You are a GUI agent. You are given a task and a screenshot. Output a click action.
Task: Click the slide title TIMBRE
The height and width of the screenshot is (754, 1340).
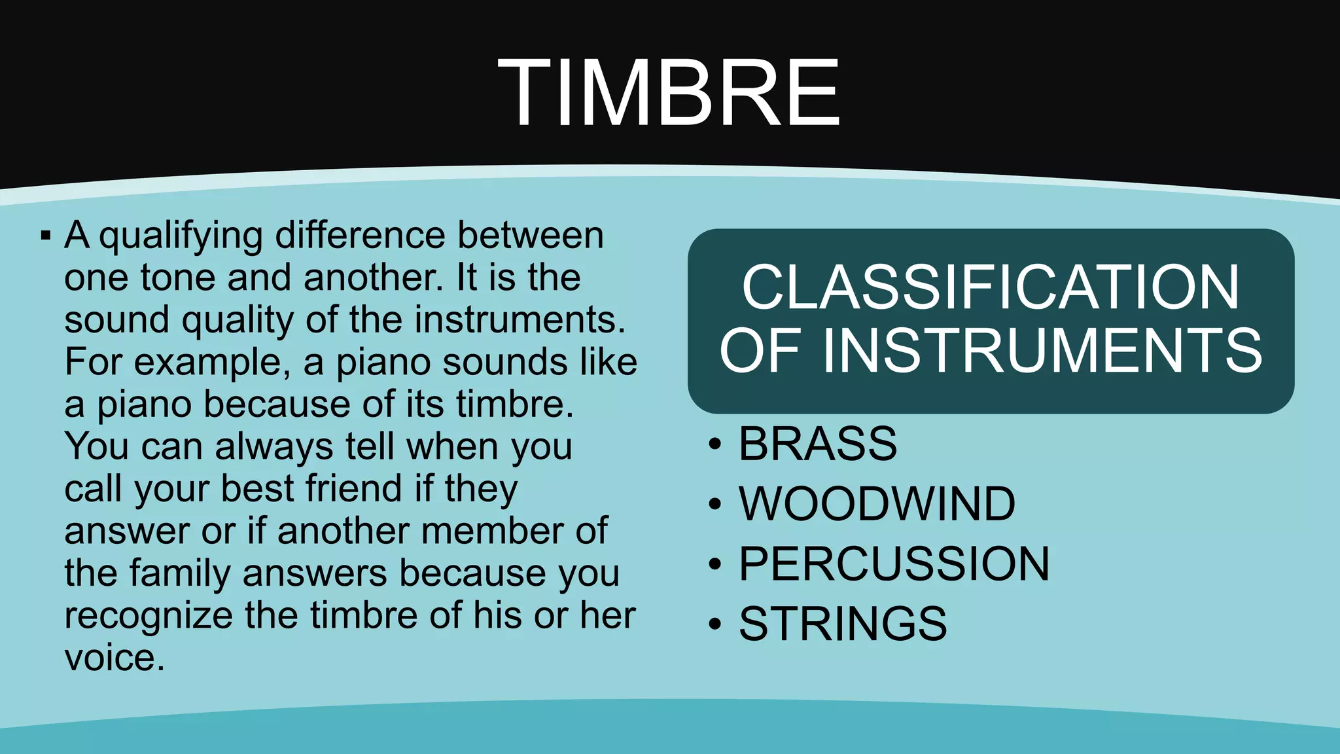(x=669, y=93)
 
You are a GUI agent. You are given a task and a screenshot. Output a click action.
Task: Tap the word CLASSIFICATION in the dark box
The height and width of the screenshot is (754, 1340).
(x=990, y=287)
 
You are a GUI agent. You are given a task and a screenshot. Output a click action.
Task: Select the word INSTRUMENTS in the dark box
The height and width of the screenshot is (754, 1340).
(x=1042, y=351)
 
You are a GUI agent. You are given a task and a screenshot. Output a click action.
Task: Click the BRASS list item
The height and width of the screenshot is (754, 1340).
(x=817, y=444)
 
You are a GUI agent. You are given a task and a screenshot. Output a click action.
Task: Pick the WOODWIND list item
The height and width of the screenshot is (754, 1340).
(x=877, y=504)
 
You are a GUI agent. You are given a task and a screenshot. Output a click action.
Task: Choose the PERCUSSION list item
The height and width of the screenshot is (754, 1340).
(x=894, y=564)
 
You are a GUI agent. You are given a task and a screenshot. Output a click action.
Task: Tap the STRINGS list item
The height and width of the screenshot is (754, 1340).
(x=843, y=623)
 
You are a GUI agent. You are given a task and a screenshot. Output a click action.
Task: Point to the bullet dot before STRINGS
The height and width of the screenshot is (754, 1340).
(x=715, y=624)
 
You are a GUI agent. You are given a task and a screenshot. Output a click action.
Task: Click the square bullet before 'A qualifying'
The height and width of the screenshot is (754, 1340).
(x=45, y=235)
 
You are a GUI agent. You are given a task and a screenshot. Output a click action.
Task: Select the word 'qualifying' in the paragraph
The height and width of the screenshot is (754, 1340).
(x=181, y=236)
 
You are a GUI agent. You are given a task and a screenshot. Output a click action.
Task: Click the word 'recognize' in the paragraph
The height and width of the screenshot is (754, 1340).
(x=149, y=616)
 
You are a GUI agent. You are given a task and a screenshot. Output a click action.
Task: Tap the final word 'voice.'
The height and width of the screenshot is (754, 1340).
(x=115, y=658)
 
